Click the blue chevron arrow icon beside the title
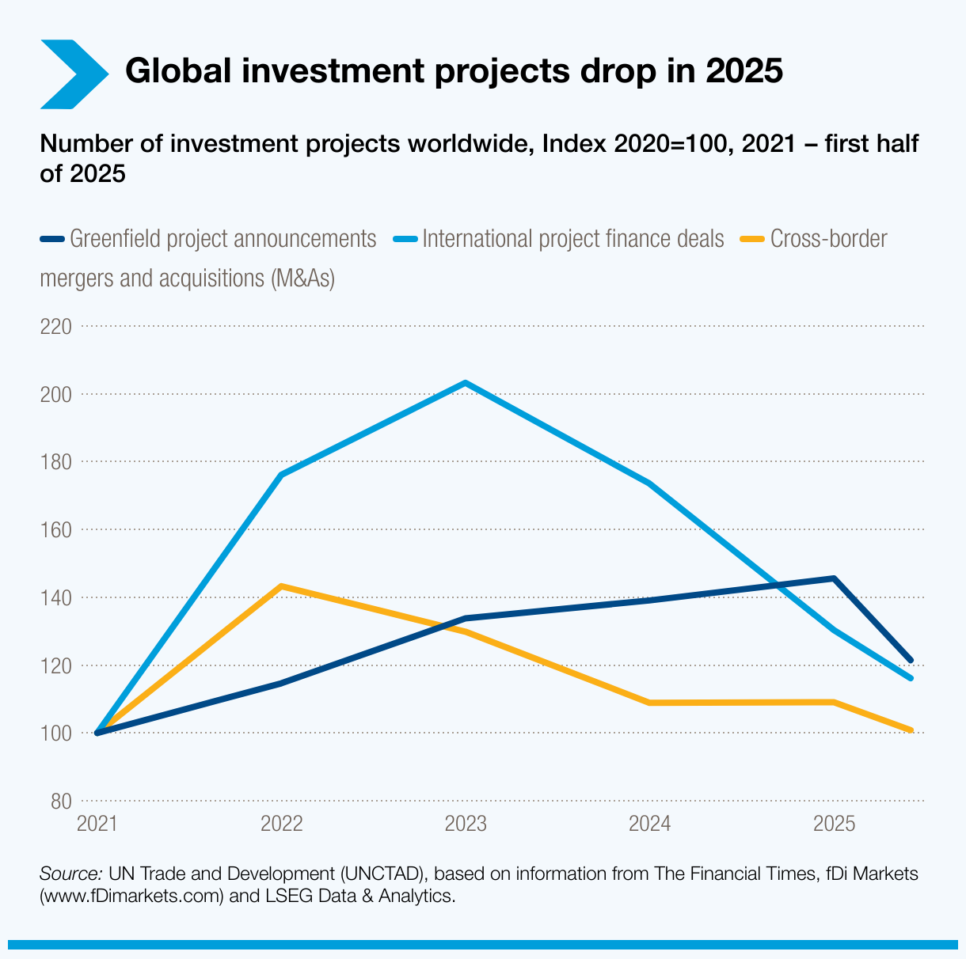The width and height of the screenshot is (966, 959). point(73,74)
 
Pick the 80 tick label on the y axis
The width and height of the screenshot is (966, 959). point(60,801)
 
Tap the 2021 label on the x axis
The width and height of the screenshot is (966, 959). point(97,824)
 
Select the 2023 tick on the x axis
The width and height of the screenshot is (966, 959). point(466,824)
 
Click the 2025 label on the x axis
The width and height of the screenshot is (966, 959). point(834,824)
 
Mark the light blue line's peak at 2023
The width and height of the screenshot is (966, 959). point(466,383)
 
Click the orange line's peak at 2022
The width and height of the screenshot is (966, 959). point(281,586)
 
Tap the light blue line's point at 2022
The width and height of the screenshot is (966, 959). point(281,475)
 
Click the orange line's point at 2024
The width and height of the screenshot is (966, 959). point(650,703)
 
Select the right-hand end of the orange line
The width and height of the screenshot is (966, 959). point(911,730)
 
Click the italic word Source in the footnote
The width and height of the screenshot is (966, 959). point(70,874)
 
